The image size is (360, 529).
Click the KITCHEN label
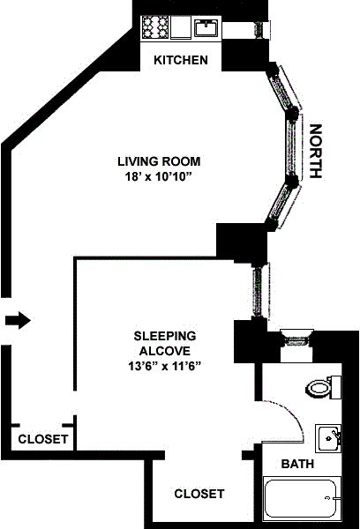coord(181,60)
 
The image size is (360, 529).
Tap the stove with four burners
coord(155,27)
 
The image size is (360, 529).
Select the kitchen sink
coord(206,27)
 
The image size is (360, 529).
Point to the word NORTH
coord(316,151)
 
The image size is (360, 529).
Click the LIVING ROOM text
coord(159,161)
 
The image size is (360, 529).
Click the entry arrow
coord(18,320)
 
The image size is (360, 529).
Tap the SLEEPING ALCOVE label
coord(165,344)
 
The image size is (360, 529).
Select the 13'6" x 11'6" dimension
coord(165,366)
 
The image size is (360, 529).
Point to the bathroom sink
coord(328,438)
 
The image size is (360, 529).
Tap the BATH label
coord(297,464)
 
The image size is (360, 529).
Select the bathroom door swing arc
coord(293,414)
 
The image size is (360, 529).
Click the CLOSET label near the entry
coord(43,439)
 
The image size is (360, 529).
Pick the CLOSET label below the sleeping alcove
coord(199,494)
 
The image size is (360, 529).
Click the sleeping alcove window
coord(259,290)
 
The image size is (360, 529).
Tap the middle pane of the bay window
coord(292,146)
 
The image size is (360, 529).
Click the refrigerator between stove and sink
coord(181,27)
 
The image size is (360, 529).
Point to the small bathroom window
coord(296,338)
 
